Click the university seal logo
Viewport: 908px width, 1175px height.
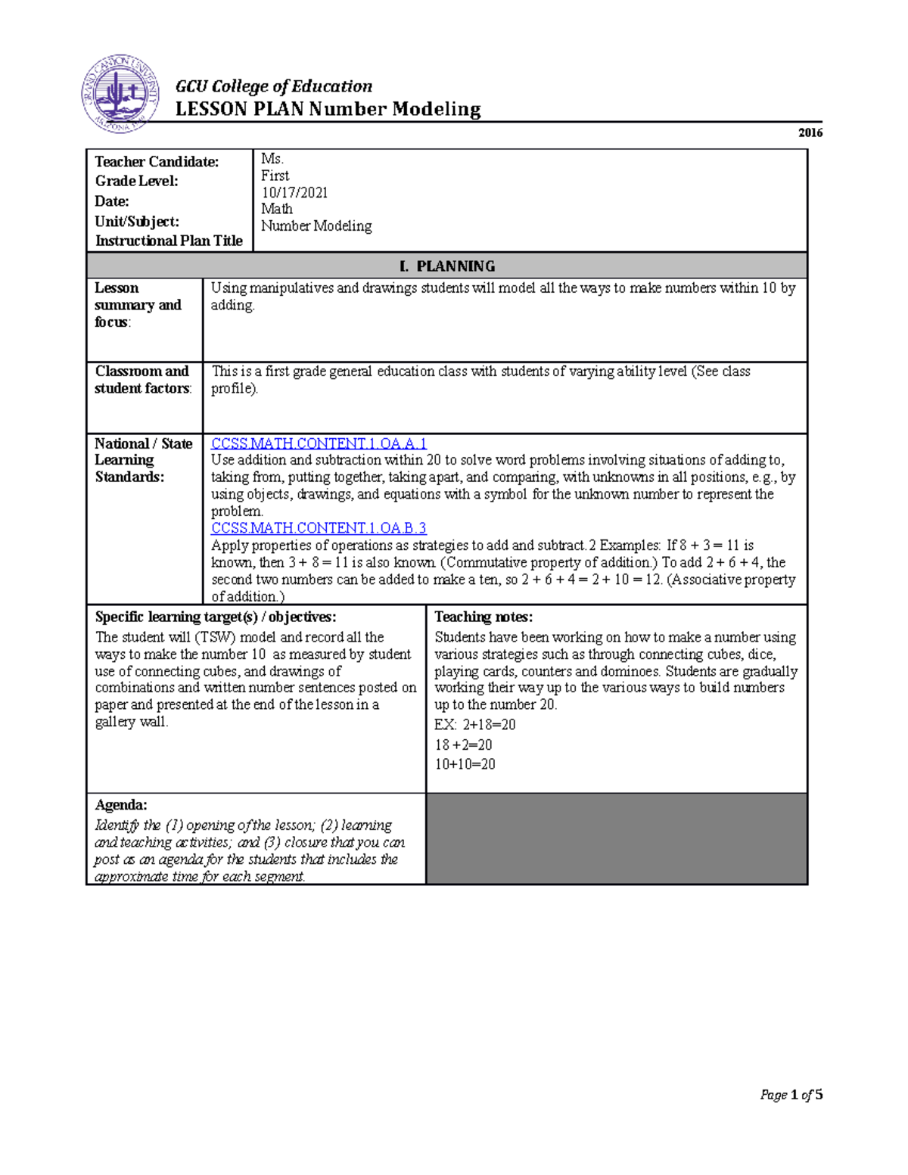(x=120, y=94)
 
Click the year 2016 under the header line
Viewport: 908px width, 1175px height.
(x=810, y=132)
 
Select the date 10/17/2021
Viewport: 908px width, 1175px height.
(x=294, y=192)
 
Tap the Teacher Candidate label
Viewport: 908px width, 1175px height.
(x=157, y=162)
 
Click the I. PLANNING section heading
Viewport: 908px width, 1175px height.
(x=447, y=266)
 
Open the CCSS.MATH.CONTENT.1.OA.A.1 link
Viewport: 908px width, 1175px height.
(x=319, y=443)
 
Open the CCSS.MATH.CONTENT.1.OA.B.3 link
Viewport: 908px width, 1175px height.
(x=319, y=528)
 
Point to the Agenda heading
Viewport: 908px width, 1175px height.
(x=121, y=805)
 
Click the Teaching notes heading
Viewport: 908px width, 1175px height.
(x=484, y=617)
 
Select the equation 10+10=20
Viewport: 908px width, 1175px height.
(x=465, y=764)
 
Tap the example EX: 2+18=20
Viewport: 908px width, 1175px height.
(x=474, y=725)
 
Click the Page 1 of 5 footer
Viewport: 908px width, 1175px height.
(x=791, y=1095)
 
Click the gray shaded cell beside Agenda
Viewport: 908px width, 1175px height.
(x=616, y=838)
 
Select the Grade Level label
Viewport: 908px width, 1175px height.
(x=137, y=181)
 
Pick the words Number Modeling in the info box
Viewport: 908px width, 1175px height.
(x=316, y=226)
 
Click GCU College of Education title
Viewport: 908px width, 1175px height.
(x=274, y=86)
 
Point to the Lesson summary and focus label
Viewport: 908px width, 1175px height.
(x=137, y=305)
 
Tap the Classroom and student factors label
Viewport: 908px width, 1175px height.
(x=141, y=380)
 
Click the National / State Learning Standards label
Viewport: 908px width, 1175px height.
(x=143, y=460)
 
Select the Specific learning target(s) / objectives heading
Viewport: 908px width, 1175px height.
(x=216, y=617)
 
